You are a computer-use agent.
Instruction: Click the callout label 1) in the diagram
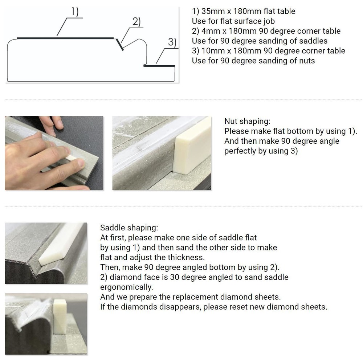(x=75, y=12)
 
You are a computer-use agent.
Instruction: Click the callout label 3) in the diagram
(x=172, y=42)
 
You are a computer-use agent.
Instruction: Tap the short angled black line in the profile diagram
(x=119, y=44)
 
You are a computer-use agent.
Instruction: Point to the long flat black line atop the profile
(x=65, y=38)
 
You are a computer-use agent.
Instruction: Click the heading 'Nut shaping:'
(x=247, y=121)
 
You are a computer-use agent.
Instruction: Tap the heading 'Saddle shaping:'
(x=129, y=228)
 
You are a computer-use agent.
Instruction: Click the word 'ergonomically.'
(x=127, y=287)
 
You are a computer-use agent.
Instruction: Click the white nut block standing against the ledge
(x=192, y=146)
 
